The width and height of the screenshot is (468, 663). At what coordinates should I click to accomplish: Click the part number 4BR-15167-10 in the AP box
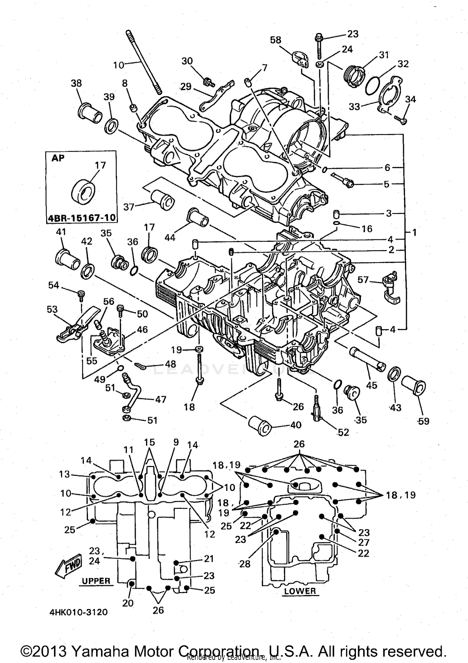(81, 217)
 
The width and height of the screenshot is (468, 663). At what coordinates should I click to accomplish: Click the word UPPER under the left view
(96, 581)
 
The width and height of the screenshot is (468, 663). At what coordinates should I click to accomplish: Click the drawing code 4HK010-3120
(78, 612)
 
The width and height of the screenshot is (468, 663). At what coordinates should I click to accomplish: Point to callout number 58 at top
(275, 40)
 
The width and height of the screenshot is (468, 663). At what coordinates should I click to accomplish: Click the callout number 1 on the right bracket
(414, 232)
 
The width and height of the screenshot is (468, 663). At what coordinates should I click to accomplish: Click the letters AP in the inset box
(58, 158)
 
